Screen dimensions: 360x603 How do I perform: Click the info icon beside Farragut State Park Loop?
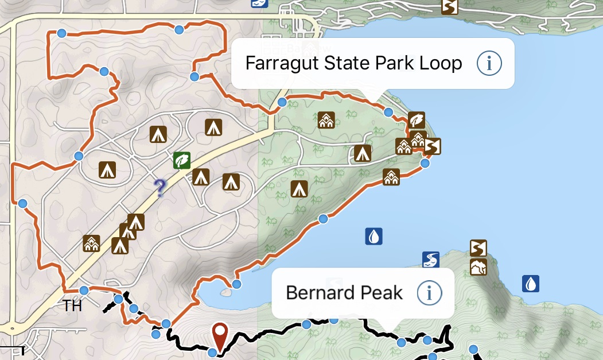click(489, 63)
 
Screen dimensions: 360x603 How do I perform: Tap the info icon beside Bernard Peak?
click(429, 293)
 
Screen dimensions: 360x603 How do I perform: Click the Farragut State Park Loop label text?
click(353, 63)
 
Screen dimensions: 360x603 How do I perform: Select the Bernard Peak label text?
click(344, 293)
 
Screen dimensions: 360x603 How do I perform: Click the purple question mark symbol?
click(160, 187)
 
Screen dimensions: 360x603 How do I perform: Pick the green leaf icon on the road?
click(182, 160)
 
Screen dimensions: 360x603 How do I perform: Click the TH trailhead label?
click(73, 306)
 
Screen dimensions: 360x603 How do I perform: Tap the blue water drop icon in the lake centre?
click(374, 236)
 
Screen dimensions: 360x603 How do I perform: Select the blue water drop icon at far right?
click(531, 284)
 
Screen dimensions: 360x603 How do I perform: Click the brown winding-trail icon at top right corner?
click(449, 7)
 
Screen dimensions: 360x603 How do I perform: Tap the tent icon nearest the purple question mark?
click(200, 177)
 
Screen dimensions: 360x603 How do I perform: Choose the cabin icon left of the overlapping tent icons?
click(91, 243)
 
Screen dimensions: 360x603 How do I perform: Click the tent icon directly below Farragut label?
click(362, 153)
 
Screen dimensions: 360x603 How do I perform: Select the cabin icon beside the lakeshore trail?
click(391, 177)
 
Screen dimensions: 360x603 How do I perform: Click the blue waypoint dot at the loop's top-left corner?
click(61, 33)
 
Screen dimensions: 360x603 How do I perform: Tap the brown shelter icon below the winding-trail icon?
click(478, 267)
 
